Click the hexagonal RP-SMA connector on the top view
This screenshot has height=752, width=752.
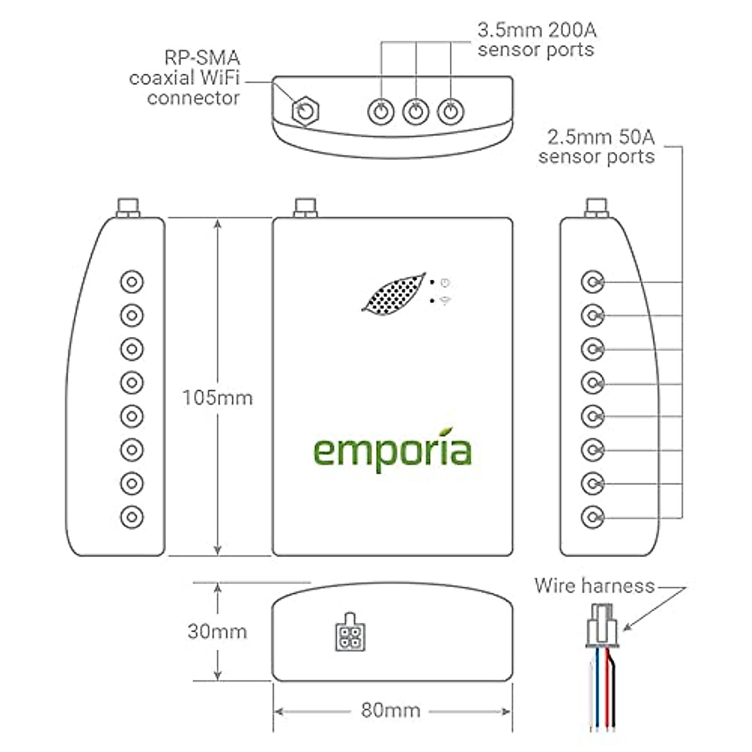click(305, 112)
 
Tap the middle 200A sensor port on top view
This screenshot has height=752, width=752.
click(415, 112)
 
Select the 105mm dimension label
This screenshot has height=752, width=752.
click(217, 397)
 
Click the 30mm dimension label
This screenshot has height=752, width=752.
click(217, 630)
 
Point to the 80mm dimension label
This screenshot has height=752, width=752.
click(390, 711)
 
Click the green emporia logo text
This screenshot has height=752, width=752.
click(392, 451)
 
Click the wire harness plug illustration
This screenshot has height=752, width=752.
click(601, 627)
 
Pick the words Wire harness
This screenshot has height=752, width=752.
click(594, 586)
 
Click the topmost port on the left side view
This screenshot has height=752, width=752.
click(132, 282)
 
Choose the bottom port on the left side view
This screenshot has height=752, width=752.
click(132, 517)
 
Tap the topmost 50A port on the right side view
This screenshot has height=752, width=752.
click(593, 282)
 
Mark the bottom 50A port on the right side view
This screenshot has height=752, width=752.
click(593, 517)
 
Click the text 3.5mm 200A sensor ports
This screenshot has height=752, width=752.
click(536, 39)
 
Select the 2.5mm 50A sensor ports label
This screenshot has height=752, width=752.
click(597, 146)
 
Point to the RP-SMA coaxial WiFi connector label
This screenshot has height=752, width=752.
click(185, 78)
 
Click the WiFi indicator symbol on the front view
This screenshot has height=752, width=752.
click(446, 301)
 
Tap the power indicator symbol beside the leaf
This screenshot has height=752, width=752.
click(445, 282)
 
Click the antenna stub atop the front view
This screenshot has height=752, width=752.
click(305, 207)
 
